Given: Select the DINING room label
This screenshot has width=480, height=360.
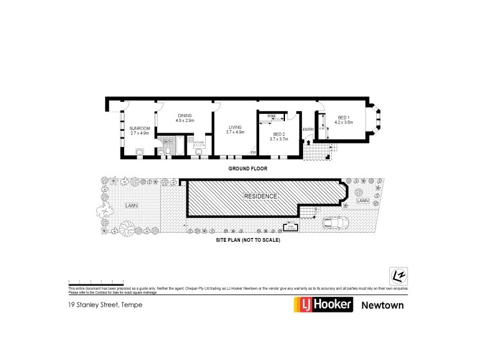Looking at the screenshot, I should point(183,118).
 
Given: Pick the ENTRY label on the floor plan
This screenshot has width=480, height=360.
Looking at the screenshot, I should point(308,129).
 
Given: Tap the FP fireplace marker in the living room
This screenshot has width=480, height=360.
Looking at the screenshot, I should point(253,152).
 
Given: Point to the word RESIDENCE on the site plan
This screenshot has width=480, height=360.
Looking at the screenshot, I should point(260,197).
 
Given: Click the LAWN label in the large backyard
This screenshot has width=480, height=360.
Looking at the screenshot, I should point(131,205).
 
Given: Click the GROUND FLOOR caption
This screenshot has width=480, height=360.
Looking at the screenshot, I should point(247,169).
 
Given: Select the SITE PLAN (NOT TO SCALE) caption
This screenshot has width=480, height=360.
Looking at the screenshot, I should point(248,239).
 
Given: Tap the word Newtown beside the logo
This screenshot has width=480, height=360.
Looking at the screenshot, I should point(382,305).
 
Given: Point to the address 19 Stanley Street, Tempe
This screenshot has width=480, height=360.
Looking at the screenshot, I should point(105,305).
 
